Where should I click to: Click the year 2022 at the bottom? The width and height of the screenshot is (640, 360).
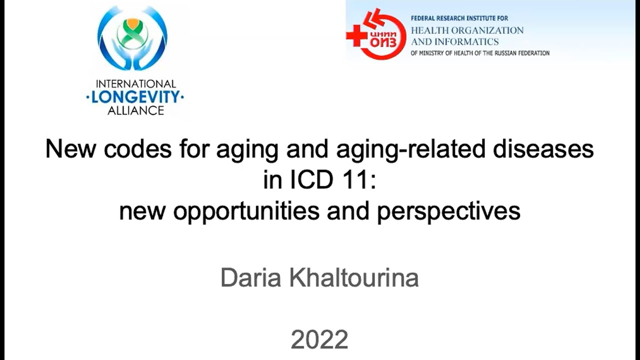(319, 340)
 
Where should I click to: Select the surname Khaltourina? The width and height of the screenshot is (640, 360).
(353, 278)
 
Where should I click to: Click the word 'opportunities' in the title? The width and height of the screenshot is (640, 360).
(246, 210)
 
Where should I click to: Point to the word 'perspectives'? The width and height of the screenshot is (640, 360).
(448, 210)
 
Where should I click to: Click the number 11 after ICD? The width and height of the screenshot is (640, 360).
(357, 180)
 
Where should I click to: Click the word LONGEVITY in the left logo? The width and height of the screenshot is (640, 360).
(135, 97)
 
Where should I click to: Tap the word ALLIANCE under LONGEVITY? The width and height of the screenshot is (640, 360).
(135, 110)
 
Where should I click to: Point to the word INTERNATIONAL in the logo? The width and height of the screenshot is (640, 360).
(135, 84)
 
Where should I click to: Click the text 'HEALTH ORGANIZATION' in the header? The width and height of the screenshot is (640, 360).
(467, 30)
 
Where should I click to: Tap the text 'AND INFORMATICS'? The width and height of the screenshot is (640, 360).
(454, 41)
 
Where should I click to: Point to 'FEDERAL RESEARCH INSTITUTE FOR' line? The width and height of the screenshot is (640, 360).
(459, 18)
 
